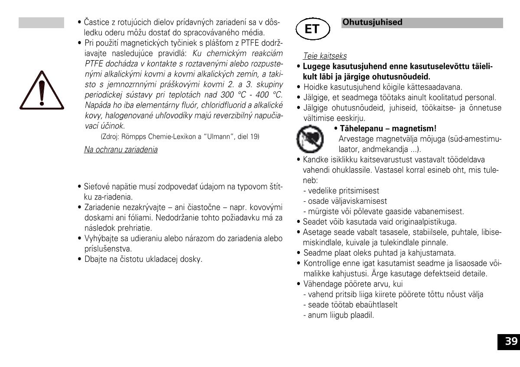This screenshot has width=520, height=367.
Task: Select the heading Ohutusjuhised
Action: pyautogui.click(x=372, y=23)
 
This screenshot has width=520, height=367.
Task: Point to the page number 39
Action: pyautogui.click(x=511, y=341)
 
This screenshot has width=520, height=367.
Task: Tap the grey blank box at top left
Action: pyautogui.click(x=41, y=23)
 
